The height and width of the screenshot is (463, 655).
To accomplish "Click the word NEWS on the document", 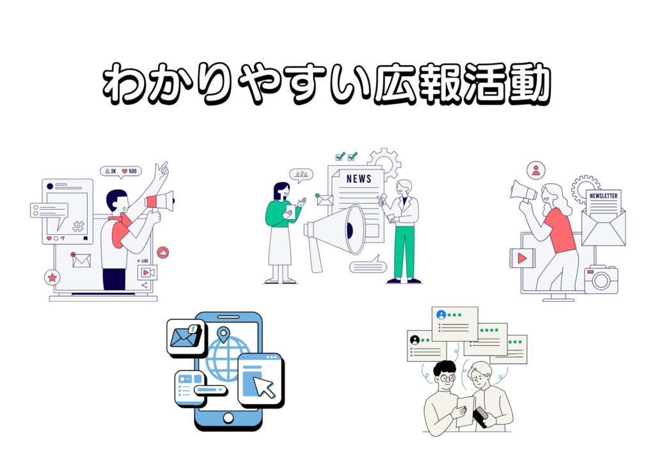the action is tap(359, 178).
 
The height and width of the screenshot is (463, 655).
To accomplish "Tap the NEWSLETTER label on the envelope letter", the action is tap(603, 196).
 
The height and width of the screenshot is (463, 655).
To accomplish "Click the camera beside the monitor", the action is tap(601, 279).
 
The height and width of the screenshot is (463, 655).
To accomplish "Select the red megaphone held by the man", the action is tap(159, 201).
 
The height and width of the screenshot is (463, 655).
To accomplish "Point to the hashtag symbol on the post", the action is tap(78, 226).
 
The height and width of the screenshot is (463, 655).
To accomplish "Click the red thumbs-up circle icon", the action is tap(163, 253).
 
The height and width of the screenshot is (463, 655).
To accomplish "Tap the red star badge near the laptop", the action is tap(52, 277).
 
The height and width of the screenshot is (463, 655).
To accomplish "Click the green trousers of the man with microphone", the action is tap(404, 252).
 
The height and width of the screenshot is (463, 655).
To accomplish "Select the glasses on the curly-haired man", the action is tap(446, 379).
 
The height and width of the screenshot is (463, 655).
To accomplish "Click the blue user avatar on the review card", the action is tap(441, 315).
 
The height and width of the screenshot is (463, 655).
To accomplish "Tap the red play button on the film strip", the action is tap(522, 258).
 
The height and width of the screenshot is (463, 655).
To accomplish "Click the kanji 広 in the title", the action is tap(394, 84).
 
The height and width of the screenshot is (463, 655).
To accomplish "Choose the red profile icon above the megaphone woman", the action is tap(536, 170).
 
